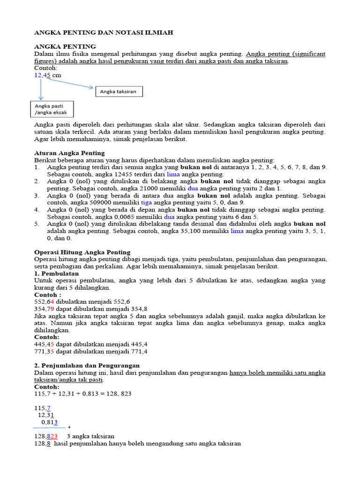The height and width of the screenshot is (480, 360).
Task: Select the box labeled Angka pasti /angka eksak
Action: click(52, 109)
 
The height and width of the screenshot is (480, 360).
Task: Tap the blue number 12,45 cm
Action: click(47, 75)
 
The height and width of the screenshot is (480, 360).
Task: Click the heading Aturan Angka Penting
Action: click(70, 153)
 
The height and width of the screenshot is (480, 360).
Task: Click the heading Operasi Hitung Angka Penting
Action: click(82, 252)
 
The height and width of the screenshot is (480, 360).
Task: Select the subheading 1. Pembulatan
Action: click(57, 273)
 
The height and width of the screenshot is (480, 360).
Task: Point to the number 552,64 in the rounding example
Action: click(44, 301)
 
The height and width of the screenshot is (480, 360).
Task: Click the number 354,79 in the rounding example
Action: click(45, 309)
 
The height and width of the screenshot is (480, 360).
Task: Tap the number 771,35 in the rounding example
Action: click(45, 351)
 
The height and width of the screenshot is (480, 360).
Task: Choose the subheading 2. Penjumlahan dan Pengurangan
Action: click(87, 365)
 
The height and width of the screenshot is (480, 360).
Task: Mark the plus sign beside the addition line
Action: click(69, 427)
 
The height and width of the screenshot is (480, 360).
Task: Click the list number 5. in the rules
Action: click(37, 224)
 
